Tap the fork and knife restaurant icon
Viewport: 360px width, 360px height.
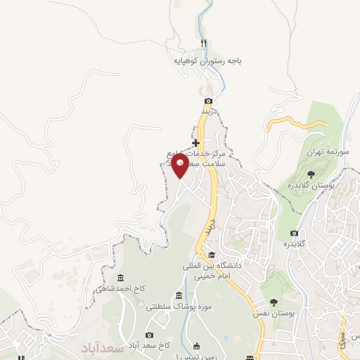[203, 44]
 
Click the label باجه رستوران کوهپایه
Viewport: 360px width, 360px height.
[208, 62]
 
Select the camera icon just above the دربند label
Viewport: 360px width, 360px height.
[208, 101]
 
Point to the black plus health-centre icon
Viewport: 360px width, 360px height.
[195, 143]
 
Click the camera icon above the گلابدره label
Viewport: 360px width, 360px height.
[294, 233]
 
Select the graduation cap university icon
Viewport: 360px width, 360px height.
[212, 255]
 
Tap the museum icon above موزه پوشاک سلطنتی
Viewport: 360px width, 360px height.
[179, 295]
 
